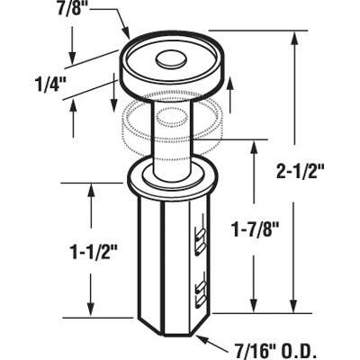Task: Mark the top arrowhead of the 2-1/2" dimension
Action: coord(296,34)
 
